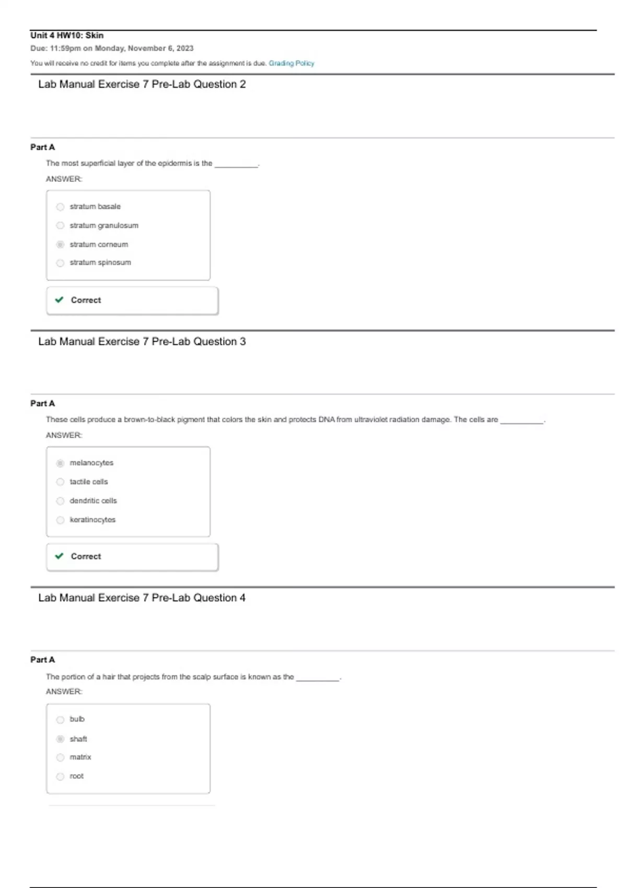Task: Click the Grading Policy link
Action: point(292,63)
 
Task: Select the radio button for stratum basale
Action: point(60,207)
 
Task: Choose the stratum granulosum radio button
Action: point(60,226)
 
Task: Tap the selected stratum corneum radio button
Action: point(60,244)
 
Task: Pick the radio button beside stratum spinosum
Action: point(60,263)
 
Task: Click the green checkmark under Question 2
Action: point(59,300)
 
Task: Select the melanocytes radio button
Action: point(60,463)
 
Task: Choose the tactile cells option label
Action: point(89,482)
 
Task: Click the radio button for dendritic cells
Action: point(60,501)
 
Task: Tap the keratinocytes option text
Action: point(92,520)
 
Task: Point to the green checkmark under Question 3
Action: point(59,556)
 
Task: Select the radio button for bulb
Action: point(60,720)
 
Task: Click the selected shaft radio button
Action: point(60,739)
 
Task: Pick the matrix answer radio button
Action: point(60,757)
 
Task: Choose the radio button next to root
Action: point(60,777)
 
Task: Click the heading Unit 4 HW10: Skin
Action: point(67,36)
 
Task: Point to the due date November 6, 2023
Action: point(160,49)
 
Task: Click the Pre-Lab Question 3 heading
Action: point(142,342)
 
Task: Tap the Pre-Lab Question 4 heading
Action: point(142,598)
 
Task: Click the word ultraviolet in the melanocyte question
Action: point(371,419)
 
